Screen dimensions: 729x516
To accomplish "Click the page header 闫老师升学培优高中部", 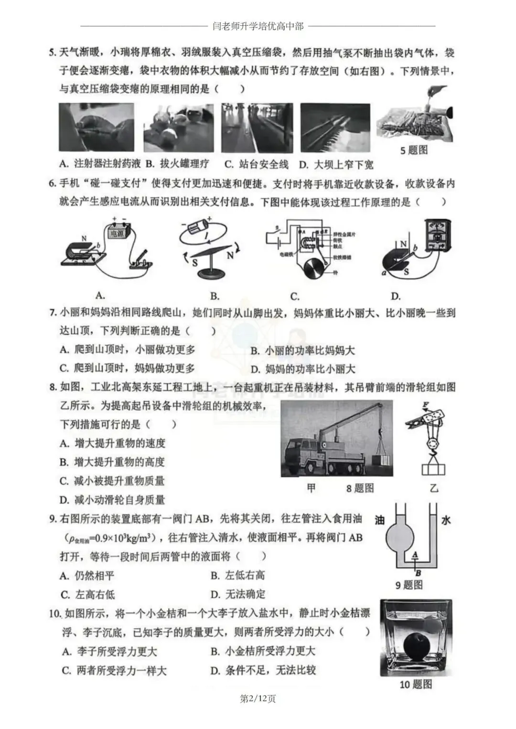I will coord(258,26).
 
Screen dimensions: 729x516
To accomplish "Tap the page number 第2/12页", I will coord(258,699).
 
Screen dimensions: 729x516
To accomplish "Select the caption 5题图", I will coord(414,150).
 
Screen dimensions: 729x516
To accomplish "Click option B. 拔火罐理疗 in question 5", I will coord(178,164).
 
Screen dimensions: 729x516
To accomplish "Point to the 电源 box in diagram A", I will coord(118,233).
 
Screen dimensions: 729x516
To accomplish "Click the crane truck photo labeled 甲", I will coord(337,438).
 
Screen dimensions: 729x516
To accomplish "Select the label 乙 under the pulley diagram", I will coord(434,488).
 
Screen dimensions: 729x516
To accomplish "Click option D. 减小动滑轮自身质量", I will coord(112,500).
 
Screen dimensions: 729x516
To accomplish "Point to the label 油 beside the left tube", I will coord(380,519).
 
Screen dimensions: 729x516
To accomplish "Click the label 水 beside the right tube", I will coord(445,519).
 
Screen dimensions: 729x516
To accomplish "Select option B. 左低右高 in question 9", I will coord(238,575).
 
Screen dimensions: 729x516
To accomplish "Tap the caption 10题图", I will coord(416,685).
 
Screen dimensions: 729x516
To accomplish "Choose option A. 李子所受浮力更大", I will coord(110,651).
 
